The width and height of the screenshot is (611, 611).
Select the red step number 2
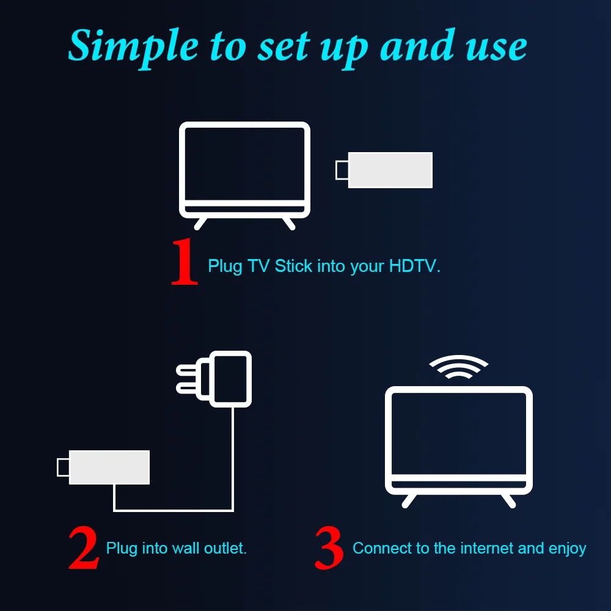(x=83, y=548)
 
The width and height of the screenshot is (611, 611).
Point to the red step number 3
(x=329, y=548)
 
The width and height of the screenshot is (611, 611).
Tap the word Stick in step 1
(x=293, y=266)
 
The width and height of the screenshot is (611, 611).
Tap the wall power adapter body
(x=231, y=379)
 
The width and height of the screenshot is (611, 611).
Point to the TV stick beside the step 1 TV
(x=390, y=170)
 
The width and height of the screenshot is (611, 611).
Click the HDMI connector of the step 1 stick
(x=342, y=170)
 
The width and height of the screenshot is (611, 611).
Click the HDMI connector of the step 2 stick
(x=62, y=467)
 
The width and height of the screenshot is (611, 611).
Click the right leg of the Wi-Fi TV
(x=508, y=500)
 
